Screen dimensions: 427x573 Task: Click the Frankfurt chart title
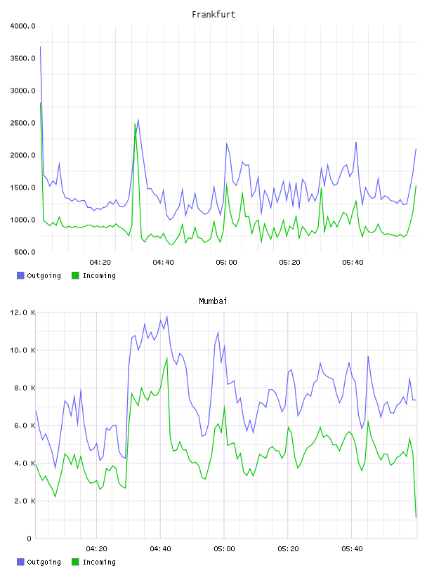tap(213, 15)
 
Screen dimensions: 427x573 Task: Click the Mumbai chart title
tap(213, 301)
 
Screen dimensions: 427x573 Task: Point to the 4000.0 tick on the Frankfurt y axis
tap(22, 26)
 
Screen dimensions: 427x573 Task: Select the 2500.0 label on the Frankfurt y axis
tap(22, 123)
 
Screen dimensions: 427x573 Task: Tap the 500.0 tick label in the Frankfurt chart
tap(25, 252)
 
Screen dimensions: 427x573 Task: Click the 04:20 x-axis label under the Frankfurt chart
tap(100, 263)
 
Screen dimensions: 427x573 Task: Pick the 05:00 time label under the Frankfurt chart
tap(226, 263)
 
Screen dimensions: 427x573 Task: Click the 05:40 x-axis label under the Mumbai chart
tap(352, 549)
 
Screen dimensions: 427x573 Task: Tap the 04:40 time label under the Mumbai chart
tap(161, 549)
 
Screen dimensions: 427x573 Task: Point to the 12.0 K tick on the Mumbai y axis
tap(22, 312)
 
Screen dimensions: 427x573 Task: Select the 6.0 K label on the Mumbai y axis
tap(25, 426)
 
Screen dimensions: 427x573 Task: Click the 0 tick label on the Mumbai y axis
tap(29, 539)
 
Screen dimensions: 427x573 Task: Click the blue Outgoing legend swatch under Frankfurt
tap(20, 275)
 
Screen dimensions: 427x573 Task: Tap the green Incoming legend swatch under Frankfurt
tap(75, 275)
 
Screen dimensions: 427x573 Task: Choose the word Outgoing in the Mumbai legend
tap(44, 562)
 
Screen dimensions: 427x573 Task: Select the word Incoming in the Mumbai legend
tap(99, 562)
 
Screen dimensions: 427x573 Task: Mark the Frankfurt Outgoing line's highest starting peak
tap(40, 47)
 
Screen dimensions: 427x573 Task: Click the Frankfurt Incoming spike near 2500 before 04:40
tap(135, 124)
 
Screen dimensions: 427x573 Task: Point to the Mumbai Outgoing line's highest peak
tap(167, 317)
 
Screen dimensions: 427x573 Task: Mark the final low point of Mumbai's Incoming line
tap(416, 518)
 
